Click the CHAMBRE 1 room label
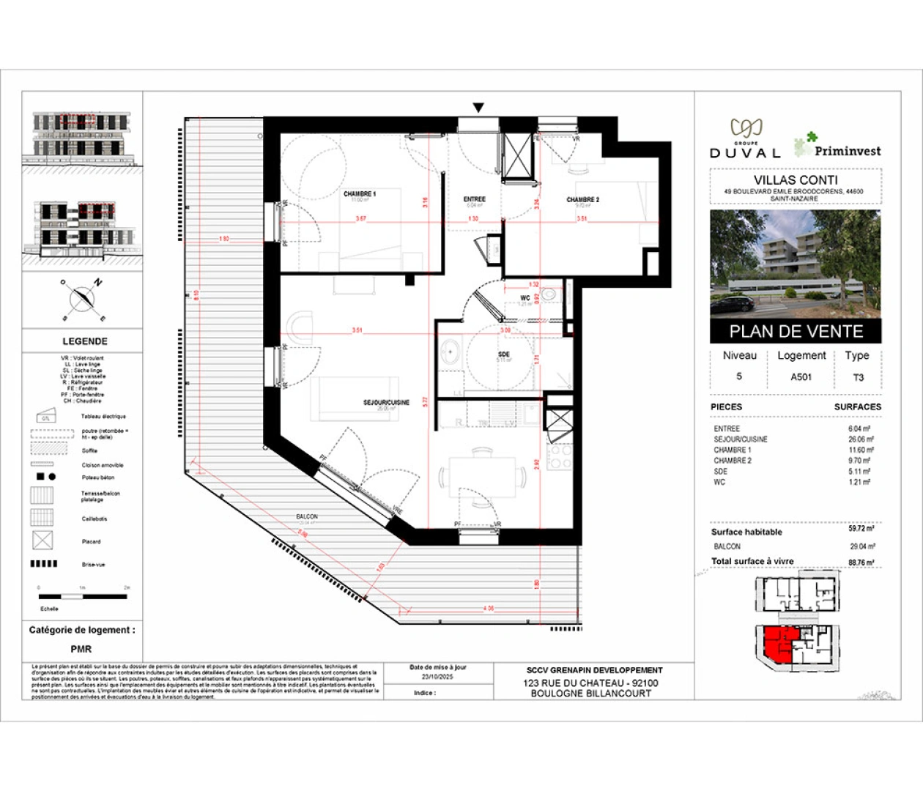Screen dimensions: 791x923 [360, 194]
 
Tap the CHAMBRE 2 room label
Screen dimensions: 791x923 [583, 199]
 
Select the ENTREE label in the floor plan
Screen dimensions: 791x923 [474, 199]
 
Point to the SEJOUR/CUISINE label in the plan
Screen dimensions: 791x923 [387, 402]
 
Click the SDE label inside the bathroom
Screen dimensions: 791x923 [504, 354]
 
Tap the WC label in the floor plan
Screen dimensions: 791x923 [525, 298]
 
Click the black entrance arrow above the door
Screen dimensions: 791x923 [478, 108]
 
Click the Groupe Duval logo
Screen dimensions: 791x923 [746, 139]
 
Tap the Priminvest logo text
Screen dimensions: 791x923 [847, 151]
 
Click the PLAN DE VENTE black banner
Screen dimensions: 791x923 [796, 331]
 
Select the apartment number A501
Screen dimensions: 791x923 [801, 376]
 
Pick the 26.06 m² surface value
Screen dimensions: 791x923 [860, 439]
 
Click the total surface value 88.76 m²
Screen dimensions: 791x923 [861, 562]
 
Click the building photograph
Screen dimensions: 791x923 [796, 264]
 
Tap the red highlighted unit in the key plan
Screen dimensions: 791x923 [774, 645]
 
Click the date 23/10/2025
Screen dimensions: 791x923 [438, 677]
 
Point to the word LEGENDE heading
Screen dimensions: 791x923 [85, 341]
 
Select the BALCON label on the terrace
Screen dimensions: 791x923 [307, 517]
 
